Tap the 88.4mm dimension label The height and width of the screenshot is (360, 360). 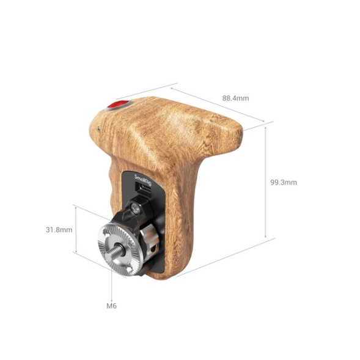tap(235, 98)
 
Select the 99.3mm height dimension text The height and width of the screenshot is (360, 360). tap(283, 182)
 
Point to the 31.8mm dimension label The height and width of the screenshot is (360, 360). tap(59, 230)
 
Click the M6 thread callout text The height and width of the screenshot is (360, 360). tap(111, 305)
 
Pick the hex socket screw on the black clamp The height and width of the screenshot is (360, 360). tap(135, 210)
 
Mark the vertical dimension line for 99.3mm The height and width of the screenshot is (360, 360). tap(266, 182)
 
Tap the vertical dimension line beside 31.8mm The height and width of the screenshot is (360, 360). tap(75, 229)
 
